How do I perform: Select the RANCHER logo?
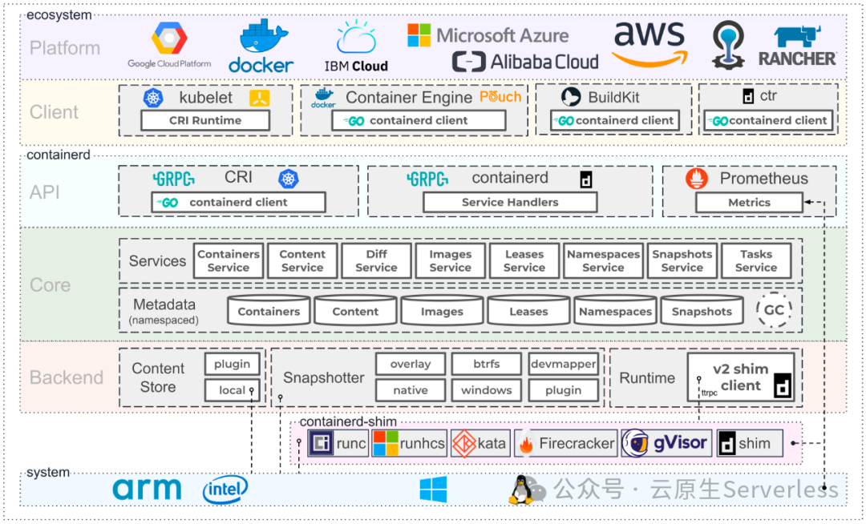(x=796, y=46)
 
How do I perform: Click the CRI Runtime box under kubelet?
(x=205, y=120)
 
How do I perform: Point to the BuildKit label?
(x=613, y=97)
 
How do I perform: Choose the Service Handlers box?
(x=510, y=202)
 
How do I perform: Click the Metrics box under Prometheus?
(x=749, y=203)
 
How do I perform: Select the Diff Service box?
(x=376, y=260)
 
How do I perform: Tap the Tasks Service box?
(x=755, y=260)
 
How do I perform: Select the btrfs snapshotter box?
(x=486, y=364)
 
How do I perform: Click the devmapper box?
(x=563, y=364)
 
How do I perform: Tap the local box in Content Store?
(x=233, y=390)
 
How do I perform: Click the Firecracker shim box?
(x=565, y=443)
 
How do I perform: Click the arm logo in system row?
(x=147, y=489)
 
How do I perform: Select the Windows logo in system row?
(x=433, y=489)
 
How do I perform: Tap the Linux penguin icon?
(x=521, y=489)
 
